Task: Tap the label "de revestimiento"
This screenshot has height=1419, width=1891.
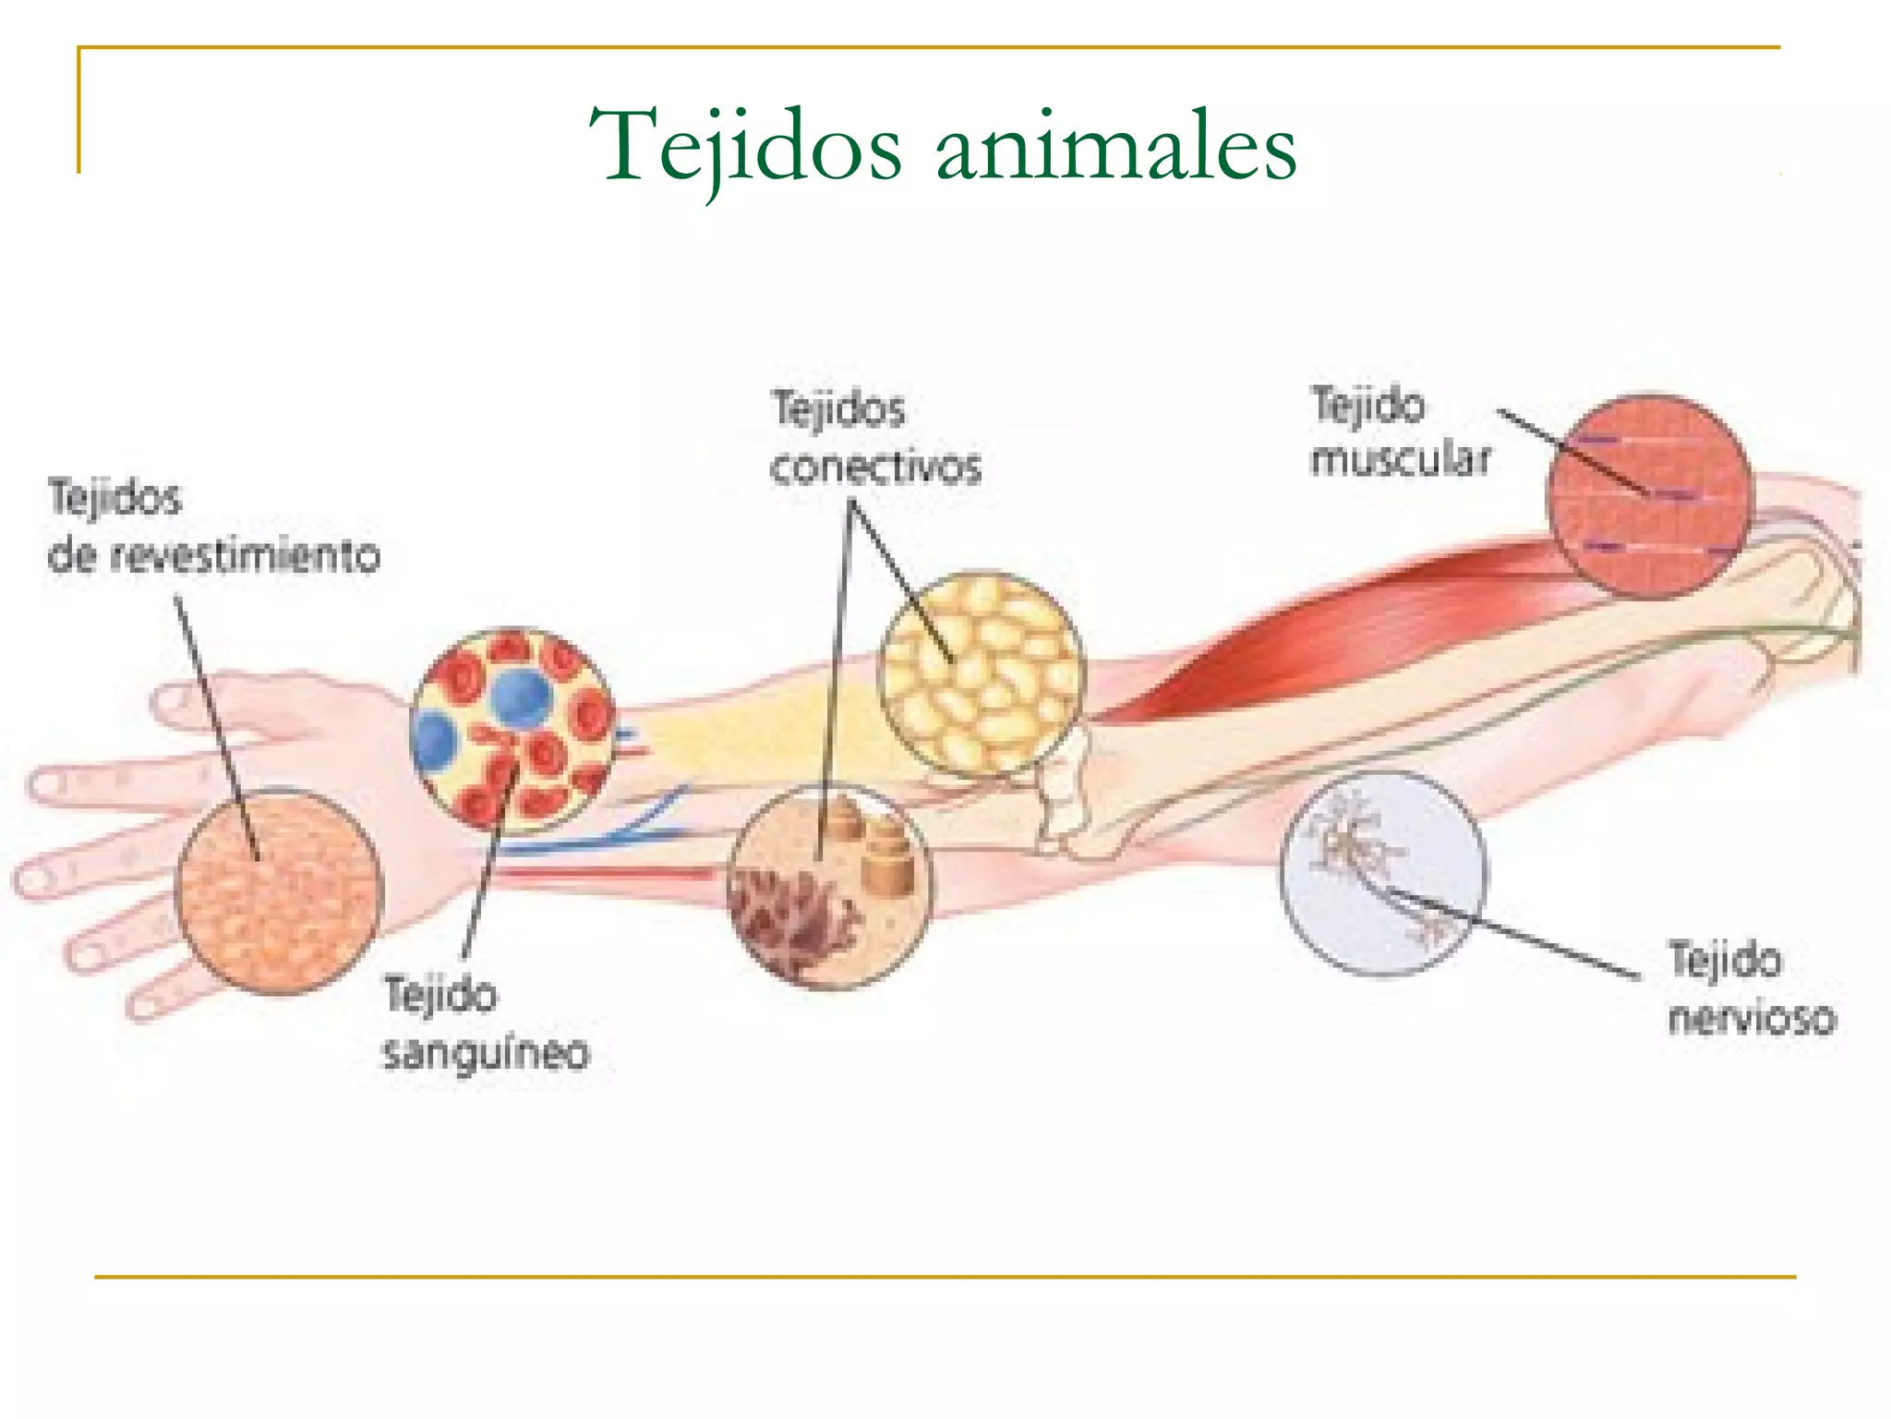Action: (x=214, y=556)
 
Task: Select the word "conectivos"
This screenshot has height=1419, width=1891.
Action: (x=875, y=467)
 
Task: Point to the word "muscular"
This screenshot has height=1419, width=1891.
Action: (x=1400, y=459)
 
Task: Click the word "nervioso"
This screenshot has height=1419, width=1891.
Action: (x=1752, y=1017)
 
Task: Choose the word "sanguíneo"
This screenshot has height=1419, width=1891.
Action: (x=486, y=1052)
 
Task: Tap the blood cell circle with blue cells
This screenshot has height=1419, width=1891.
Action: (x=513, y=730)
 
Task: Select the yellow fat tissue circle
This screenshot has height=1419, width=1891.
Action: (x=982, y=673)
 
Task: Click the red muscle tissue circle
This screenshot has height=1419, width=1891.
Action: (x=1649, y=496)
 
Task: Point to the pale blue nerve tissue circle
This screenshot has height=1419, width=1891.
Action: (x=1383, y=873)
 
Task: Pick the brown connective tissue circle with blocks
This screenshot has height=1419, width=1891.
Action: (x=829, y=887)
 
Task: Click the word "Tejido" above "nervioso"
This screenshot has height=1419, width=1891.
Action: (x=1725, y=961)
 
